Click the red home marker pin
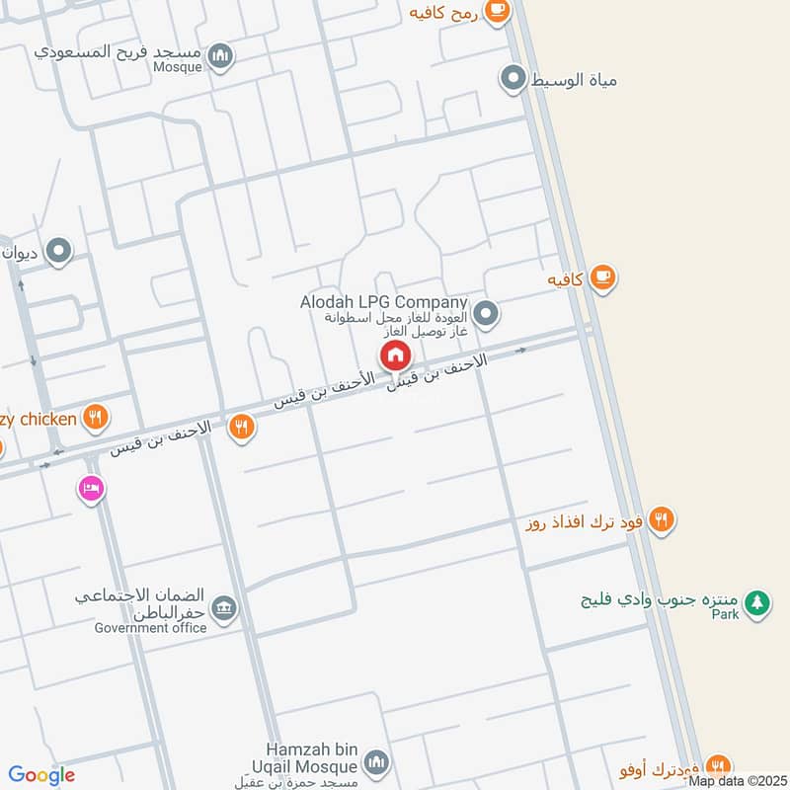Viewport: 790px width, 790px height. (395, 355)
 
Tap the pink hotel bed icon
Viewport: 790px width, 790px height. (91, 488)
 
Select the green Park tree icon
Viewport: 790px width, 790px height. (756, 602)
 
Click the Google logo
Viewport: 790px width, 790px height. (41, 775)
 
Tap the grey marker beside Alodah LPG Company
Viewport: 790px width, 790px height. (485, 315)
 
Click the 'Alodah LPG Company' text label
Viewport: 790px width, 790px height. (383, 302)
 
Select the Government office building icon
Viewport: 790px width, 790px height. (224, 607)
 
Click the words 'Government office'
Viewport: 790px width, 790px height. (151, 628)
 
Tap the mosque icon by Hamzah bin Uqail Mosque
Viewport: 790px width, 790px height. (375, 761)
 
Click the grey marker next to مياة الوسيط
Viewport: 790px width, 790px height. (513, 77)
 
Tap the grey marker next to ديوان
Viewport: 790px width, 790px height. (59, 252)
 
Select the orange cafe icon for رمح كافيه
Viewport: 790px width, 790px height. (497, 11)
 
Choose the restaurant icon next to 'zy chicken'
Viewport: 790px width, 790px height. (95, 418)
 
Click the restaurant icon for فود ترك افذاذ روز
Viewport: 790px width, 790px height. (662, 518)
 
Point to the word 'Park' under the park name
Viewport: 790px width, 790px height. (727, 614)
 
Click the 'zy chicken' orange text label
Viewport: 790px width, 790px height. (39, 420)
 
